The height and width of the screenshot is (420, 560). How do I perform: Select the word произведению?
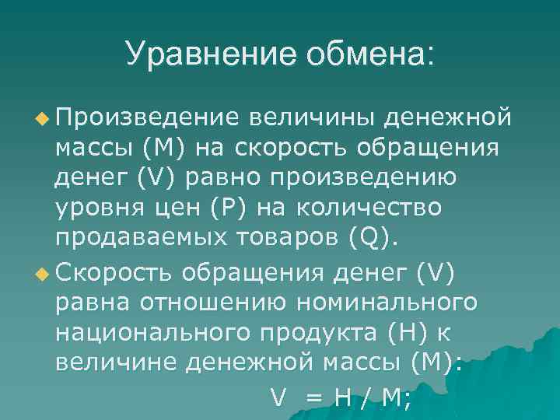point(364,179)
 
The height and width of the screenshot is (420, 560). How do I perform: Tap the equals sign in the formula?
point(313,398)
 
